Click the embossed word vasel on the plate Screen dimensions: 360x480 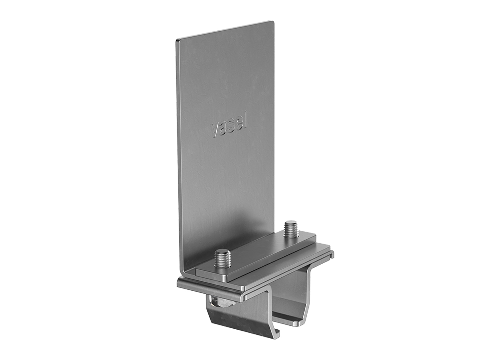[x=229, y=128]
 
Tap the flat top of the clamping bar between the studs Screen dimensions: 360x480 [x=256, y=253]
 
